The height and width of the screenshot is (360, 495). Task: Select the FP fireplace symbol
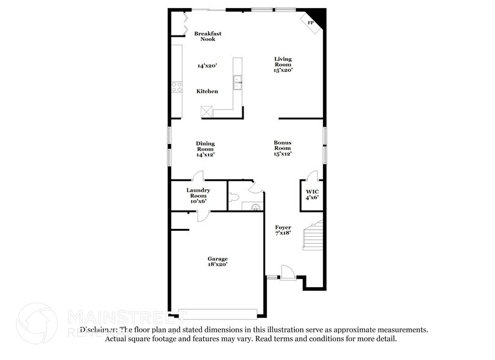(x=310, y=23)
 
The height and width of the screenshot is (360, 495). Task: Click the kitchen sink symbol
(x=237, y=80)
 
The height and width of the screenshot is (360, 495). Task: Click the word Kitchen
(x=207, y=91)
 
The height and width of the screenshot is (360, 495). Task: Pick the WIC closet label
(x=312, y=194)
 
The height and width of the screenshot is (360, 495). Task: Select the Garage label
(x=217, y=261)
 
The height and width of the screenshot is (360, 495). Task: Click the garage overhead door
(x=218, y=313)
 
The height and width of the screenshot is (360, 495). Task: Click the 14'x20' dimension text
(x=207, y=65)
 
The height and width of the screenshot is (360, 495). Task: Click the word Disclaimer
(x=98, y=329)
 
